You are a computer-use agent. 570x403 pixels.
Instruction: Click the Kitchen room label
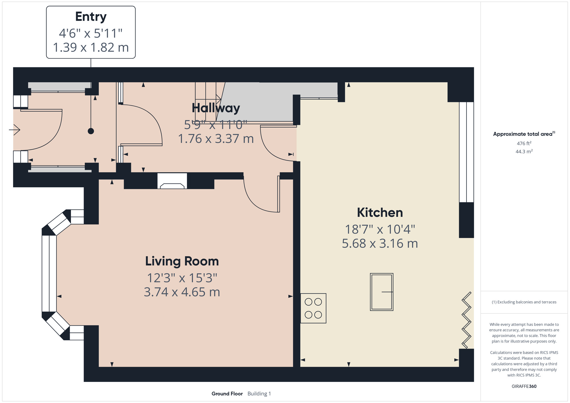(x=380, y=213)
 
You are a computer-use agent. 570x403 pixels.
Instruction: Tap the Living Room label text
(x=182, y=261)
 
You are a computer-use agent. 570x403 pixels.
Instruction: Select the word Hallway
(x=216, y=108)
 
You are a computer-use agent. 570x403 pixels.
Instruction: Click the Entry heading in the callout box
(x=91, y=17)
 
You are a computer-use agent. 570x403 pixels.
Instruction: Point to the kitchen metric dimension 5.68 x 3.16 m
(x=380, y=243)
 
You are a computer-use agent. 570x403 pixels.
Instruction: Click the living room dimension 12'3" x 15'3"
(x=182, y=278)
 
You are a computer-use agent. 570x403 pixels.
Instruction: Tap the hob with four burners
(x=313, y=308)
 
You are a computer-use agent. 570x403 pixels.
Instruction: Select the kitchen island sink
(x=382, y=292)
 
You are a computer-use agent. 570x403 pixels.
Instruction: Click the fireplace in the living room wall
(x=172, y=181)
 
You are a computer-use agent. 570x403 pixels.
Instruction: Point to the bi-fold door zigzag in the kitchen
(x=467, y=320)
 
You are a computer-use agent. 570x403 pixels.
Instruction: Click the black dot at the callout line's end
(x=91, y=131)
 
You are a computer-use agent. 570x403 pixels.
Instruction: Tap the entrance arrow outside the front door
(x=15, y=130)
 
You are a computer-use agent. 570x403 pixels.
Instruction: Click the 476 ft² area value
(x=524, y=143)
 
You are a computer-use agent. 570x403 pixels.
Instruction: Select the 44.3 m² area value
(x=524, y=151)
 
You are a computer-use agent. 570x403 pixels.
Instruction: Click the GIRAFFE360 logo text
(x=524, y=386)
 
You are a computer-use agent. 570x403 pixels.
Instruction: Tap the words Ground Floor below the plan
(x=227, y=394)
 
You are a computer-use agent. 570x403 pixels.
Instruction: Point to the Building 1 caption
(x=259, y=394)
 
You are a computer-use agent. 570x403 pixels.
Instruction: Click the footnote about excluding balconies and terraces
(x=524, y=302)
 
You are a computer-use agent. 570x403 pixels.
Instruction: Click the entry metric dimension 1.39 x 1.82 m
(x=91, y=47)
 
